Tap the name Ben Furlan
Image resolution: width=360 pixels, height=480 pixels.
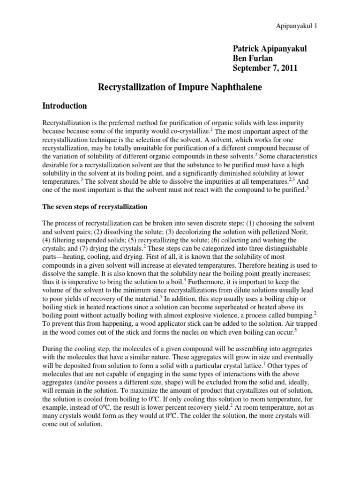(253, 59)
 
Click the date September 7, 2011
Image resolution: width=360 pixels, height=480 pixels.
(265, 68)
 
